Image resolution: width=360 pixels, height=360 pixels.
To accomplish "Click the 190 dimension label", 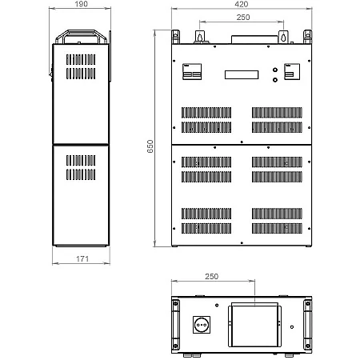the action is click(x=81, y=4).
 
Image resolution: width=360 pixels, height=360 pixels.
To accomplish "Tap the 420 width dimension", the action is click(x=242, y=4).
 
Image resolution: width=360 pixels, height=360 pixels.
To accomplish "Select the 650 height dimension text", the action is click(x=150, y=146).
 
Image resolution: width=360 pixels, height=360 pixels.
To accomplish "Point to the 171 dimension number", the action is click(x=82, y=258).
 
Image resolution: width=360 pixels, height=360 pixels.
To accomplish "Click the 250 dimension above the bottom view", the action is click(x=212, y=276).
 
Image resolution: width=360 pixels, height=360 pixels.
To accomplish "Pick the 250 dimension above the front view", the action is click(x=243, y=18).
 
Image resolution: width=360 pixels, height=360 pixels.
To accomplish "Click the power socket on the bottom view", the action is click(x=202, y=325).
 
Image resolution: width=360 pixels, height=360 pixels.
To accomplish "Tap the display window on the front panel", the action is click(x=242, y=74).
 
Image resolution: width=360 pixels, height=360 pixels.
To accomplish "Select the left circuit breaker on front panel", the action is click(x=192, y=71).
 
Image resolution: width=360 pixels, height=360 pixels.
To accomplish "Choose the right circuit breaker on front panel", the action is click(x=292, y=71).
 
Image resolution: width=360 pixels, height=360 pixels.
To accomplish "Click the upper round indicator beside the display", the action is click(x=275, y=70).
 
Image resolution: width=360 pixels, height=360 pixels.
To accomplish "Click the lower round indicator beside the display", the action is click(x=275, y=79).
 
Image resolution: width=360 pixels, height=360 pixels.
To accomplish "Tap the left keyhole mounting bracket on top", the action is click(x=200, y=37).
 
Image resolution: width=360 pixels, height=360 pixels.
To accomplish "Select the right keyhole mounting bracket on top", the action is click(x=283, y=37).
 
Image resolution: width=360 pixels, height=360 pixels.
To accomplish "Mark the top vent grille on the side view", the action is click(x=81, y=59).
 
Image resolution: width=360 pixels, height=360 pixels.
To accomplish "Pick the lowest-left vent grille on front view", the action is click(x=206, y=229).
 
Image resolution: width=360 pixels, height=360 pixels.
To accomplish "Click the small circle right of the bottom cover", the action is click(x=292, y=327).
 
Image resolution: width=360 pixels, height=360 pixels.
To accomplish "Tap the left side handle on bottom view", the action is click(x=175, y=325).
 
